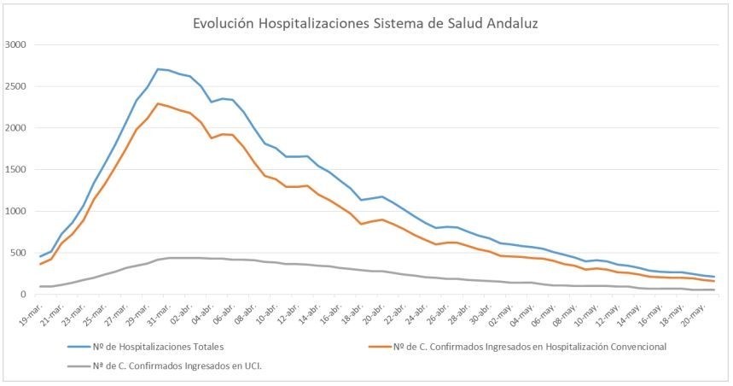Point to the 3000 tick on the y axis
[x=16, y=45]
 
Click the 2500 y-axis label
[x=16, y=87]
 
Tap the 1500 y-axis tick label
[x=16, y=170]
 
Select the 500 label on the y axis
[x=19, y=253]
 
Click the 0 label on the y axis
[x=24, y=295]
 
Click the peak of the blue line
[x=159, y=69]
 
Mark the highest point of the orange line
[x=159, y=103]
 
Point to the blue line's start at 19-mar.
[x=41, y=256]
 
